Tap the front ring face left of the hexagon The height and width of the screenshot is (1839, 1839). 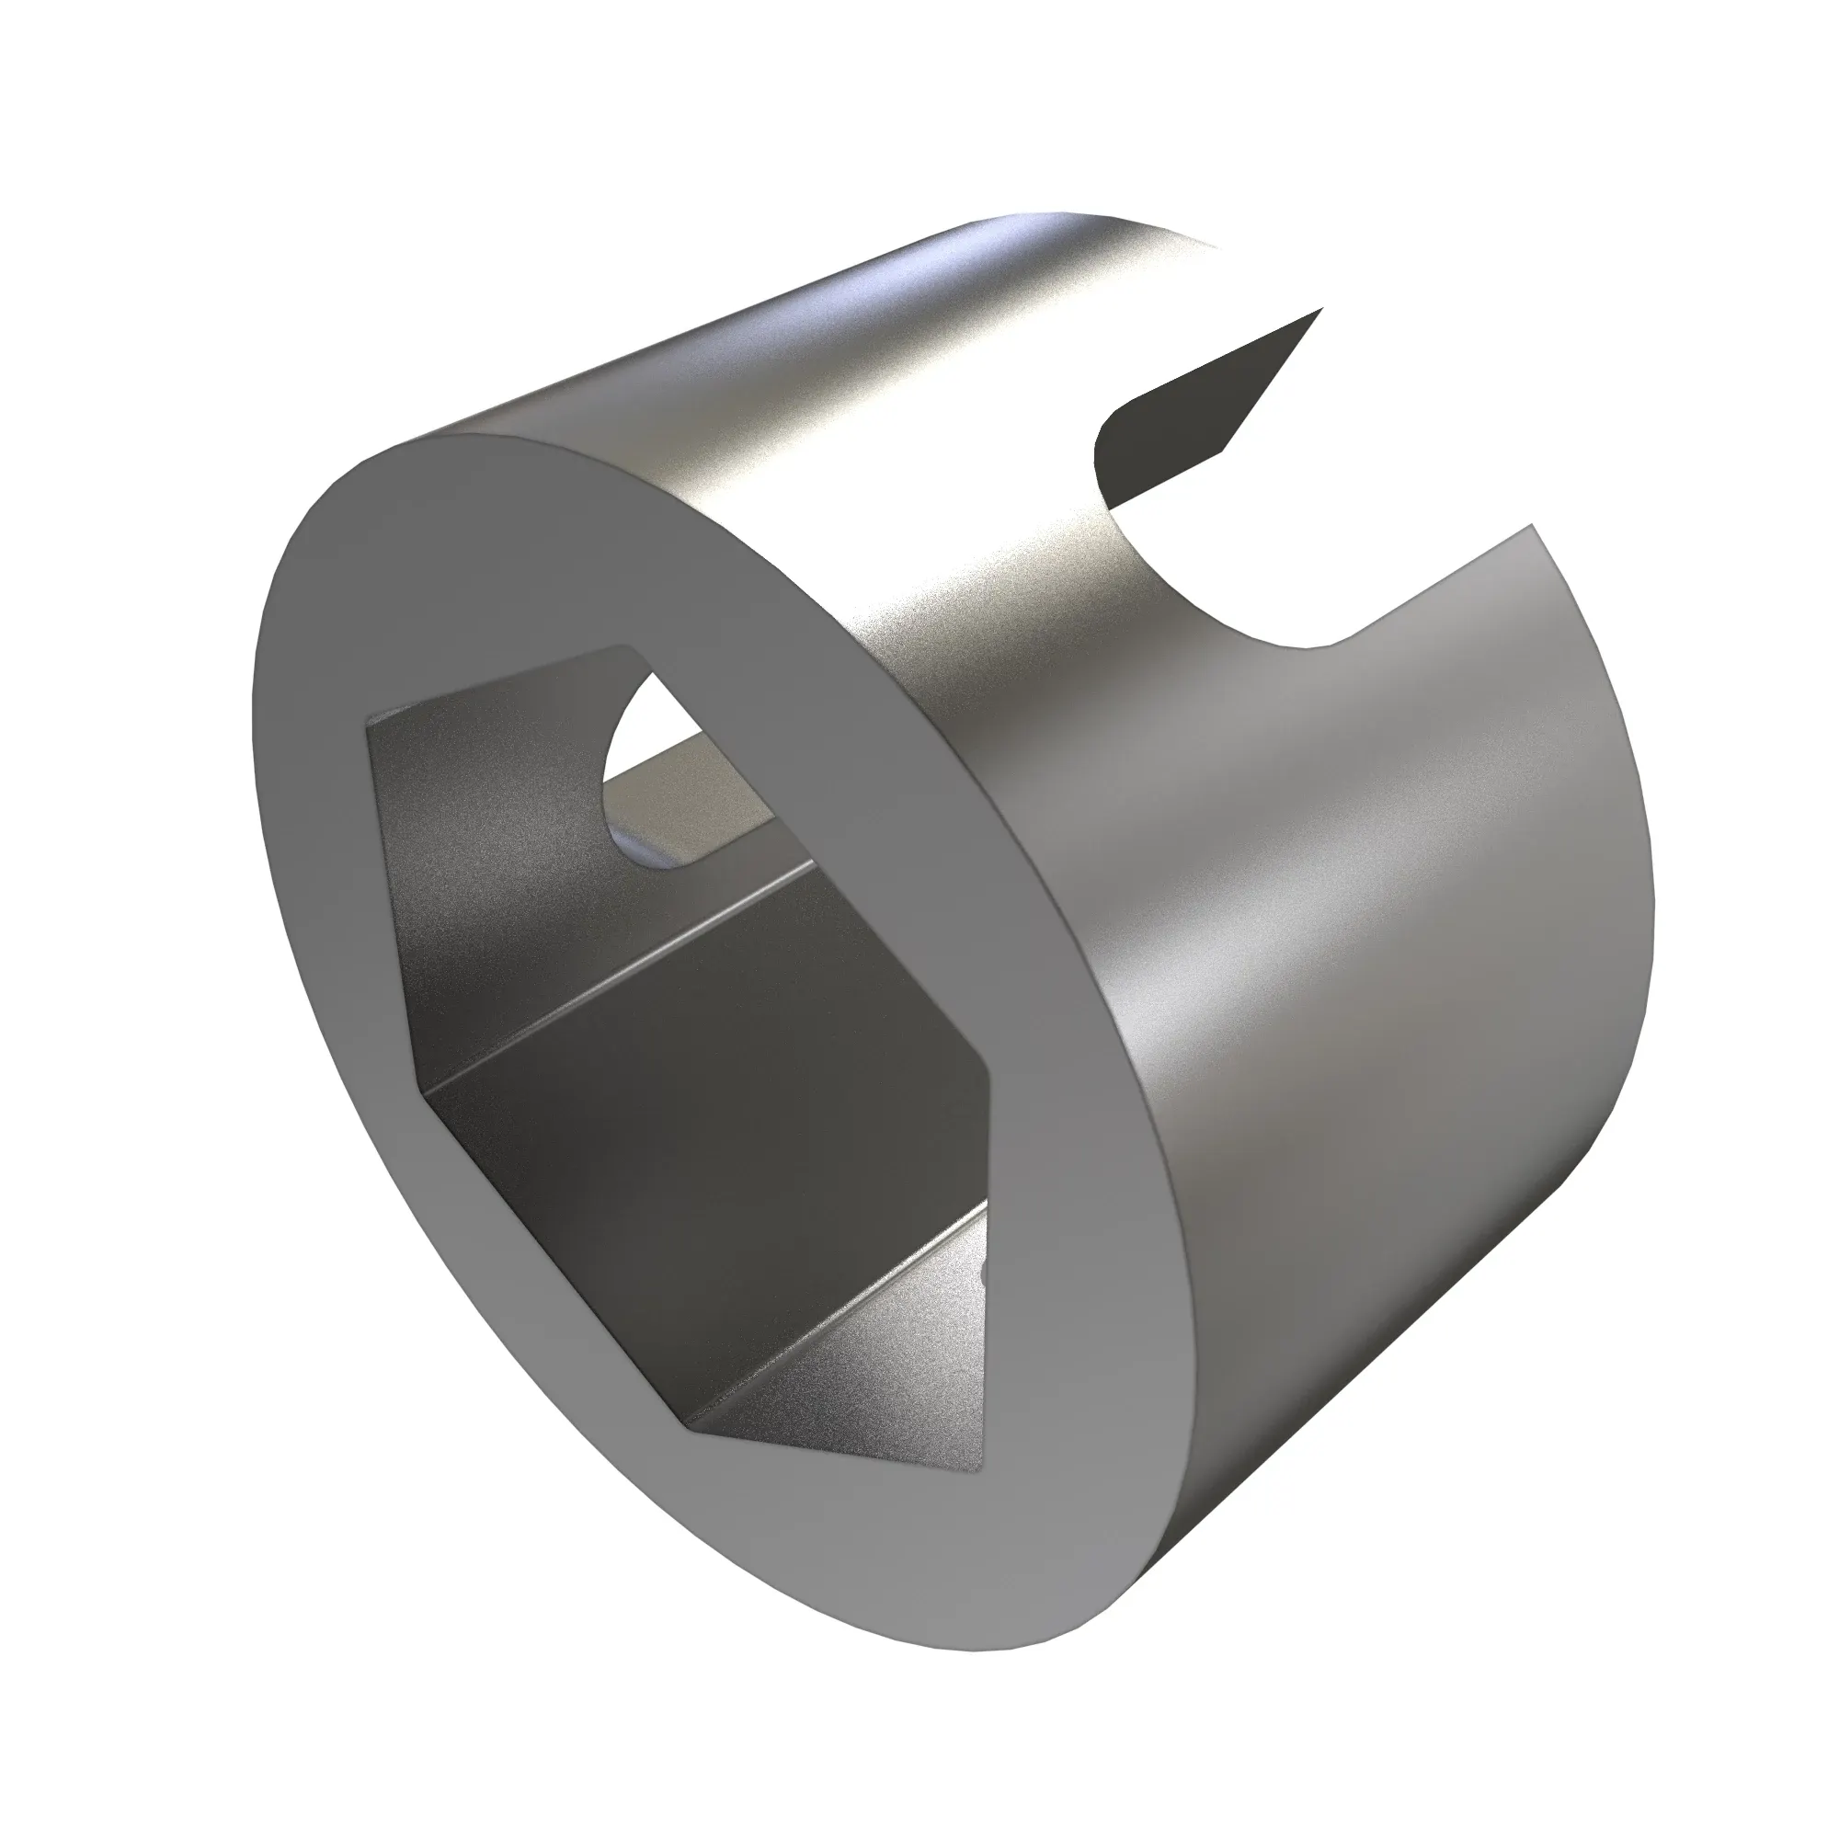click(x=314, y=952)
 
